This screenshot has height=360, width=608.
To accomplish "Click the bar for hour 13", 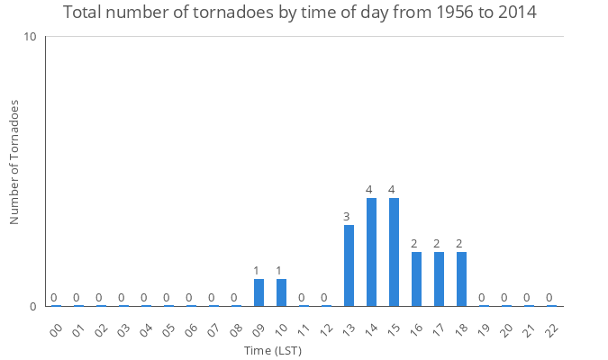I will tap(349, 265).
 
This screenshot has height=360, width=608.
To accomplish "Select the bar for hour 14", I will tap(371, 252).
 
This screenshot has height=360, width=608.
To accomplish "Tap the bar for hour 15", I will tap(394, 252).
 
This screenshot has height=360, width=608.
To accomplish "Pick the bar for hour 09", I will tap(259, 292).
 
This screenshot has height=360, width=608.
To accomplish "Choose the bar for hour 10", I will tap(281, 292).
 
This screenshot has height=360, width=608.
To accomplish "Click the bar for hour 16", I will tap(416, 279).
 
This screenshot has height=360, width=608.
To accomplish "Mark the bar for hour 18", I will tap(461, 279).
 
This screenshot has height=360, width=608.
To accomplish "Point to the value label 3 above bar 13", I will tap(346, 217).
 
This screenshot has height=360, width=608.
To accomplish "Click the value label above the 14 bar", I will tap(369, 190).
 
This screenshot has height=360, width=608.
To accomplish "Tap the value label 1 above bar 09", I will tap(256, 271).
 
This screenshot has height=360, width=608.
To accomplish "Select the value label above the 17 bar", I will tap(437, 244).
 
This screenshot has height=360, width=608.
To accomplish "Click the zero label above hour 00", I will tap(54, 298).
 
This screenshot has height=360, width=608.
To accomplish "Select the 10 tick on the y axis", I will tap(30, 37).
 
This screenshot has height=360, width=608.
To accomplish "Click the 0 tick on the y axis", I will tap(32, 306).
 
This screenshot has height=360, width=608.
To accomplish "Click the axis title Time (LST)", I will tap(273, 350).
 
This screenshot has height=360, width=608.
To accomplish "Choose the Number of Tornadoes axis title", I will tap(14, 163).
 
